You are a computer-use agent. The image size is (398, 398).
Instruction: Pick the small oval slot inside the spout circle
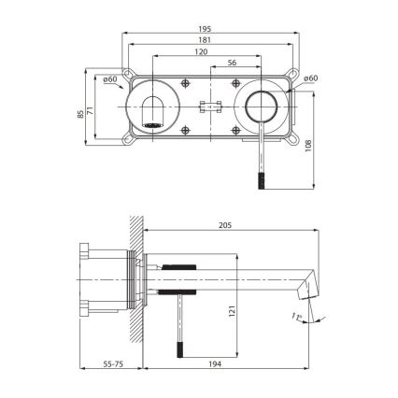pos(153,120)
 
